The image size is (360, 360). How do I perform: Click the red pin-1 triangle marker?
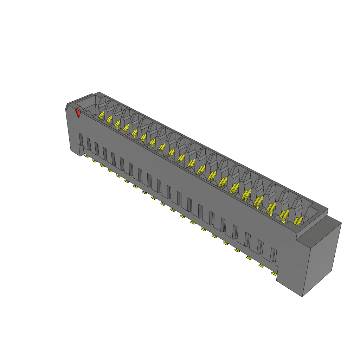pos(78,113)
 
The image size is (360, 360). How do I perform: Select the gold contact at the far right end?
pos(298,221)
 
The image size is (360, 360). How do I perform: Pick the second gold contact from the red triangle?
pos(109,120)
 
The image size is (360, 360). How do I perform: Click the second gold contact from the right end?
pos(284,215)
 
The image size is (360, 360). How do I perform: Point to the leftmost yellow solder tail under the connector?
pos(86,156)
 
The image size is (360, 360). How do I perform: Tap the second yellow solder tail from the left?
pos(94,161)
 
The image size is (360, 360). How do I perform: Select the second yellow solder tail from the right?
pos(262,265)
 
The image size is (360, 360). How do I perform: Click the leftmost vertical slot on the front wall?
pos(81,139)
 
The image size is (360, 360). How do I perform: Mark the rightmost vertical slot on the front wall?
pos(273,255)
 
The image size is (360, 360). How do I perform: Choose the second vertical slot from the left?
pos(89,144)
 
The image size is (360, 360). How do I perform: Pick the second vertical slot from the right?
pos(260,246)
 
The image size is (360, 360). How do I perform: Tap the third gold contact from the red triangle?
pos(117,124)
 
